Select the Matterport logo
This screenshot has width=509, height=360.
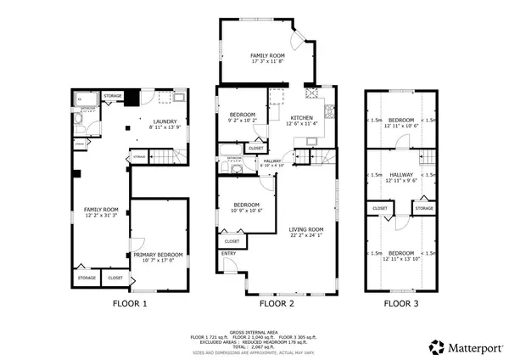(462, 346)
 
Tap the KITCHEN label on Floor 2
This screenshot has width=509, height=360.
(302, 117)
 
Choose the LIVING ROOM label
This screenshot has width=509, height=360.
(306, 229)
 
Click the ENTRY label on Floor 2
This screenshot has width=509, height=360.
(229, 253)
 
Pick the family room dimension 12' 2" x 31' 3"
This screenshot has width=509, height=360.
(100, 216)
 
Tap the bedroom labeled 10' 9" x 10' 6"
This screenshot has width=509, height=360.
(248, 210)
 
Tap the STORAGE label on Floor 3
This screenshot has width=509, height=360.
(424, 207)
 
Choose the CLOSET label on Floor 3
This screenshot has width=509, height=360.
(380, 207)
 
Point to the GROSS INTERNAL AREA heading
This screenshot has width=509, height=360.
(255, 333)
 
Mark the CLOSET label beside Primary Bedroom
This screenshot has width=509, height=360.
(115, 277)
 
